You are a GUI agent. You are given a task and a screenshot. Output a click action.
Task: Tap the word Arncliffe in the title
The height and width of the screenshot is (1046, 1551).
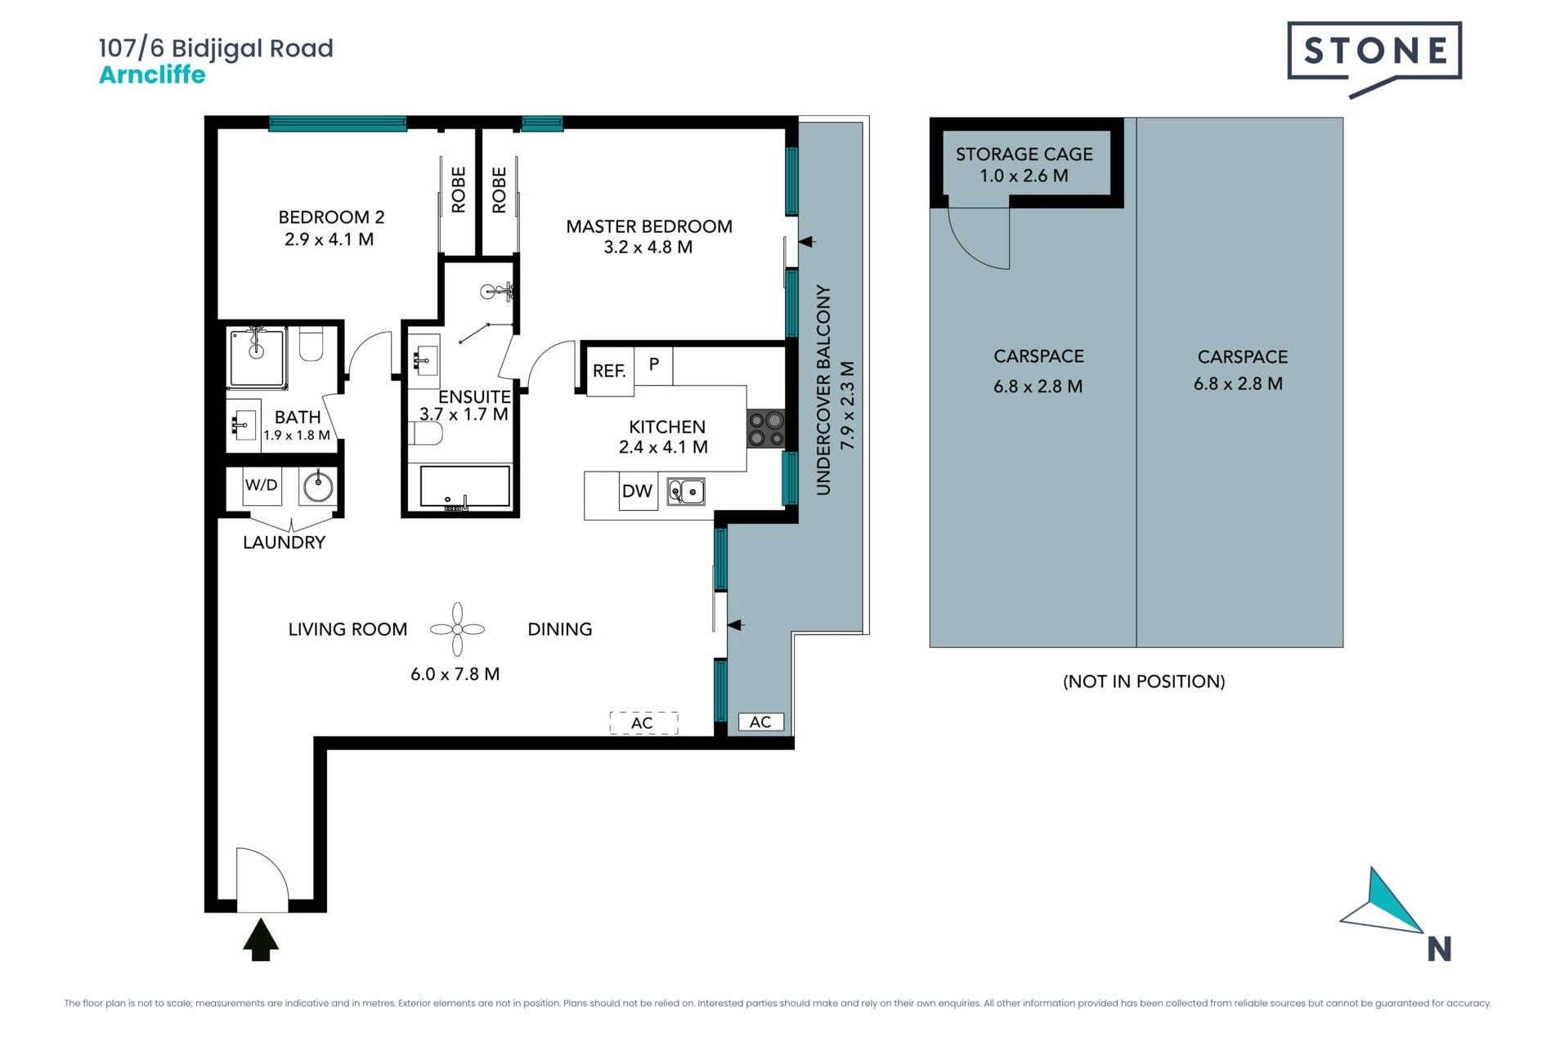152,74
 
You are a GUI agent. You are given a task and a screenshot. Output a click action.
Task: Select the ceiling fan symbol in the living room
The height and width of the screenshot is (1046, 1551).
458,629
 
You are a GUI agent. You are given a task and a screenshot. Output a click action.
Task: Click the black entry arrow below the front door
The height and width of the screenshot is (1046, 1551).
261,939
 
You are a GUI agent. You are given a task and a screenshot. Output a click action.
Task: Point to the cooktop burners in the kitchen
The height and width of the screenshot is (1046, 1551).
766,429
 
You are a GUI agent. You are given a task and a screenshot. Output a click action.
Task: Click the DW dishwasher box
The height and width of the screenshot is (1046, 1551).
638,491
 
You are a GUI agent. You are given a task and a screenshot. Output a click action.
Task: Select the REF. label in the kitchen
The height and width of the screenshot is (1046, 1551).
609,371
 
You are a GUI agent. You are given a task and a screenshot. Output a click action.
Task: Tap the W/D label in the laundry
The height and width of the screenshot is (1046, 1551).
261,485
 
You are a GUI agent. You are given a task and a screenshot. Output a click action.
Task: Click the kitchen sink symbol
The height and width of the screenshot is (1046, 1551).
686,491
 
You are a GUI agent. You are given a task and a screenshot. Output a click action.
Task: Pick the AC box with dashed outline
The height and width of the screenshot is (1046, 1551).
643,722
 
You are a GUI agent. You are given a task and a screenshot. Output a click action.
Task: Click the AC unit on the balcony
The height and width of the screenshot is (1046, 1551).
760,722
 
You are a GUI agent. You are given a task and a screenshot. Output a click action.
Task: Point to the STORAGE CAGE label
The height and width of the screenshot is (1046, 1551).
1024,154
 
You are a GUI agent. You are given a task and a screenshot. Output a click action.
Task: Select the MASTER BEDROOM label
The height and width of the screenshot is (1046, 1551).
649,226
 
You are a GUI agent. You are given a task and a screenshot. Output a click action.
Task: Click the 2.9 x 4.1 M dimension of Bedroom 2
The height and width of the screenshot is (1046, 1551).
329,239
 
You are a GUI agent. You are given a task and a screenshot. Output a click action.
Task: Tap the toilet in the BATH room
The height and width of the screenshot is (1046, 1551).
312,344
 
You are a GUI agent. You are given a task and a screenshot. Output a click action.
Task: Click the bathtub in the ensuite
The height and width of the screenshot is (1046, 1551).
464,488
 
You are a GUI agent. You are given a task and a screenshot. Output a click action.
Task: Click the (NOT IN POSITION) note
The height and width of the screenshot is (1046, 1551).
1144,682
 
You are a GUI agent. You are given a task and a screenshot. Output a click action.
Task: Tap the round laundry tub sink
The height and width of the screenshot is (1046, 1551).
318,487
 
